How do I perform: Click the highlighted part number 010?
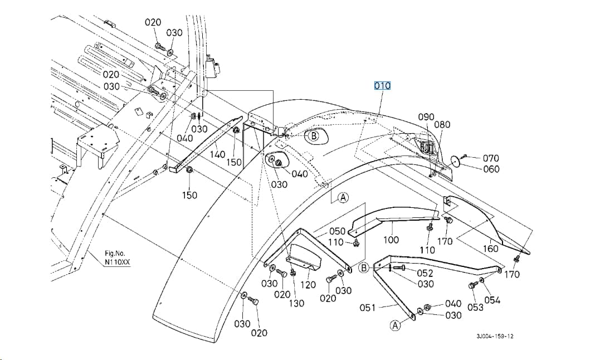click(382, 86)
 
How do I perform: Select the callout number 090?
click(426, 117)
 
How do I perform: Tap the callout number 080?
click(442, 124)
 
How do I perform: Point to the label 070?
click(491, 158)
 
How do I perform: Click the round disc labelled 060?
click(455, 162)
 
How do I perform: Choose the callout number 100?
click(391, 240)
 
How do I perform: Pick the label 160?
click(490, 249)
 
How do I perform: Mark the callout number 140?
click(217, 154)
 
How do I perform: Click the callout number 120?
click(308, 285)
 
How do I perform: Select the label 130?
click(296, 303)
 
